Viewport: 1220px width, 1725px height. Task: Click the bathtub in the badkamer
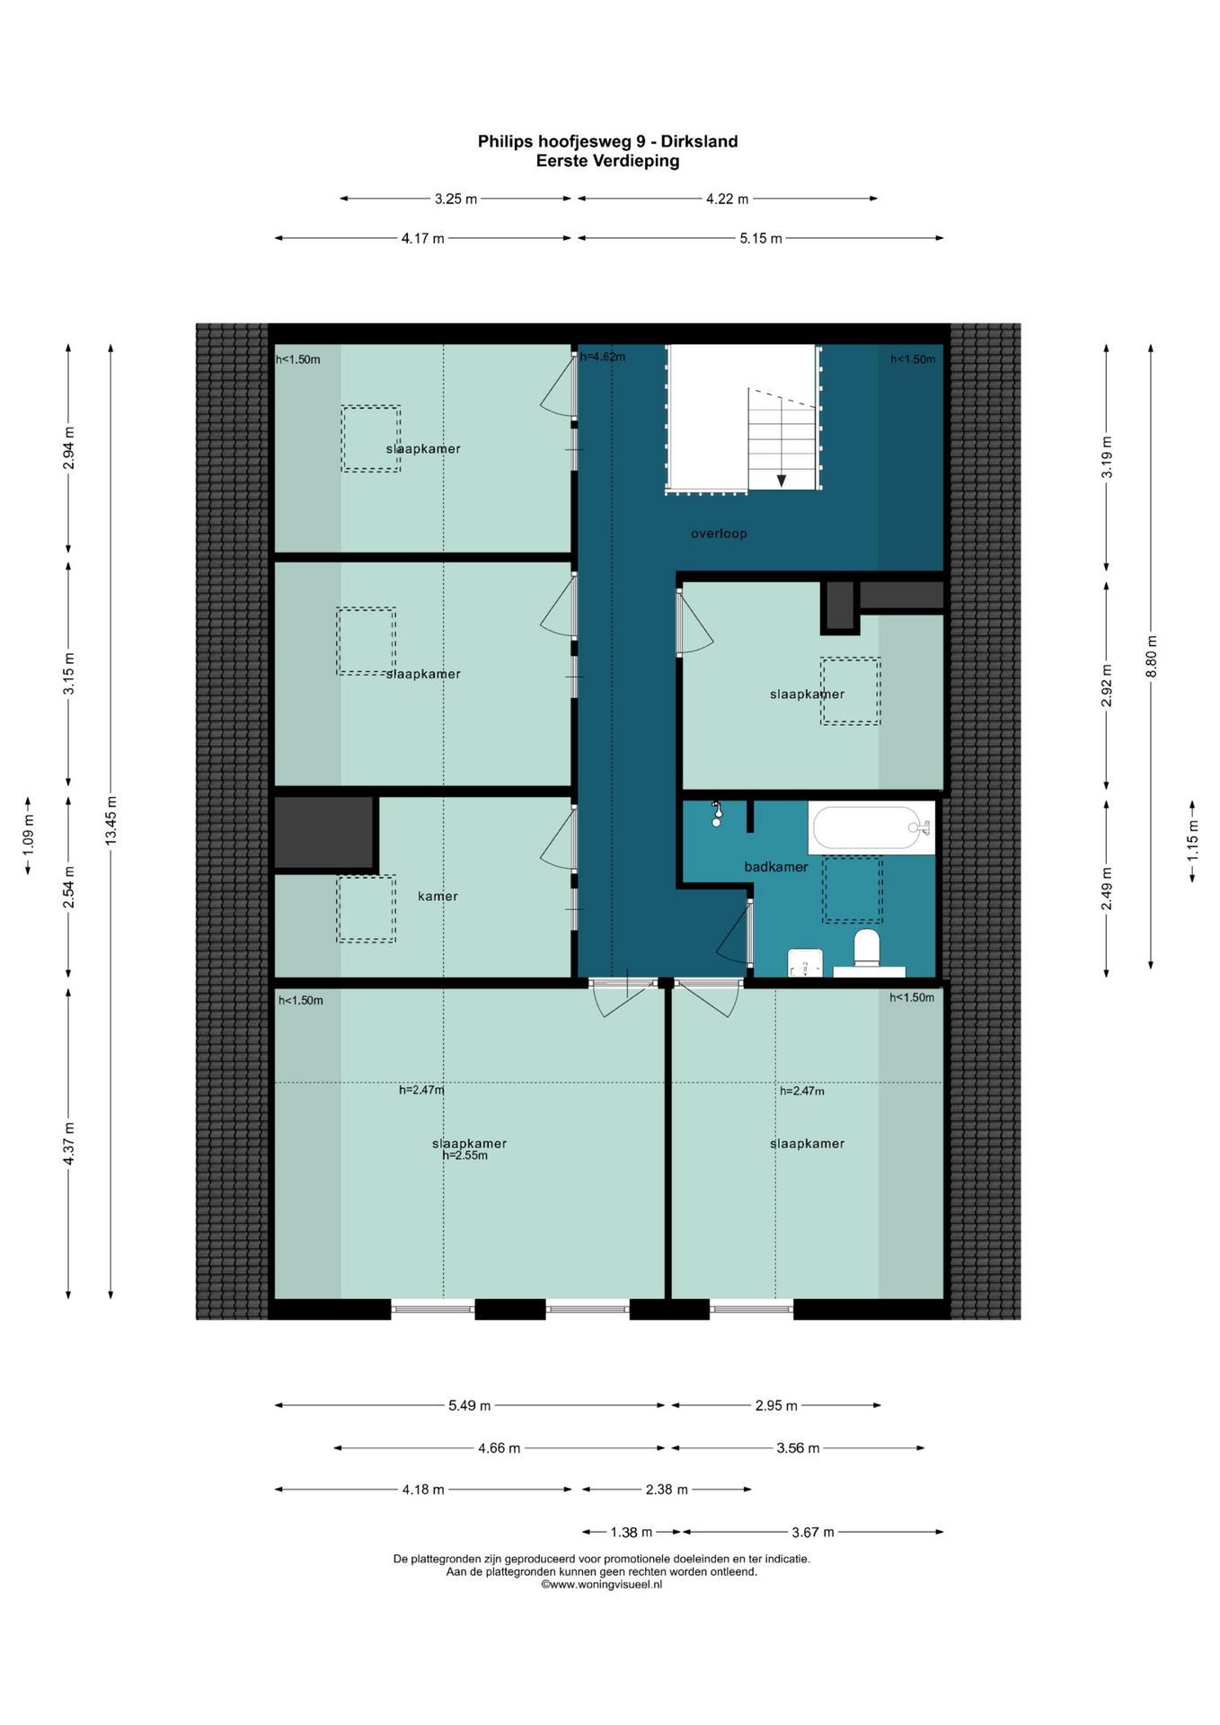(871, 827)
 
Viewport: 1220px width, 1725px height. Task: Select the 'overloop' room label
(719, 534)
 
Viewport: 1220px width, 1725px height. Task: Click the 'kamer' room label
(438, 896)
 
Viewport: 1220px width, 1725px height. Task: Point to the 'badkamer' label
(776, 867)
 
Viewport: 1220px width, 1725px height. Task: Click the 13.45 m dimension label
(111, 820)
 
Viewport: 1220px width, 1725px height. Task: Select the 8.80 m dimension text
(1152, 657)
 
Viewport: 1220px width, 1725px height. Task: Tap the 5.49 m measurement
(470, 1405)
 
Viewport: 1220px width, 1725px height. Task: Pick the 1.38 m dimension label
(632, 1532)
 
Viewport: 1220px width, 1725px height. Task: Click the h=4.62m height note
(602, 357)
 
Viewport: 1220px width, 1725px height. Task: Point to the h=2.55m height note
(465, 1155)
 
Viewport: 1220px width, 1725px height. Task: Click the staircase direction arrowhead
(782, 481)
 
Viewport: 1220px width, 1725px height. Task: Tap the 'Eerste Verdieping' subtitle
(607, 162)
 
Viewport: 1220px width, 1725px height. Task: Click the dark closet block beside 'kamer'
(323, 832)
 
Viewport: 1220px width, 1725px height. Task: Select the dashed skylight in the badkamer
(853, 889)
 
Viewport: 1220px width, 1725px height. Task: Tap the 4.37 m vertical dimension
(68, 1144)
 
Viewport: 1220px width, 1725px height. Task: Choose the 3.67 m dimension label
(812, 1532)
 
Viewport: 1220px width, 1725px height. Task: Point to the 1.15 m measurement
(1193, 841)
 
